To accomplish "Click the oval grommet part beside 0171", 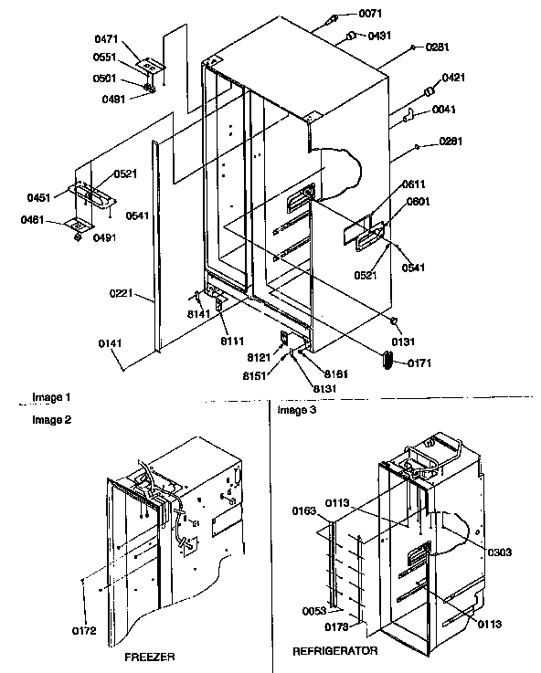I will click(x=383, y=362).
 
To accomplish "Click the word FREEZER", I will click(x=149, y=657).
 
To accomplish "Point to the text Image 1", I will click(x=51, y=397).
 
